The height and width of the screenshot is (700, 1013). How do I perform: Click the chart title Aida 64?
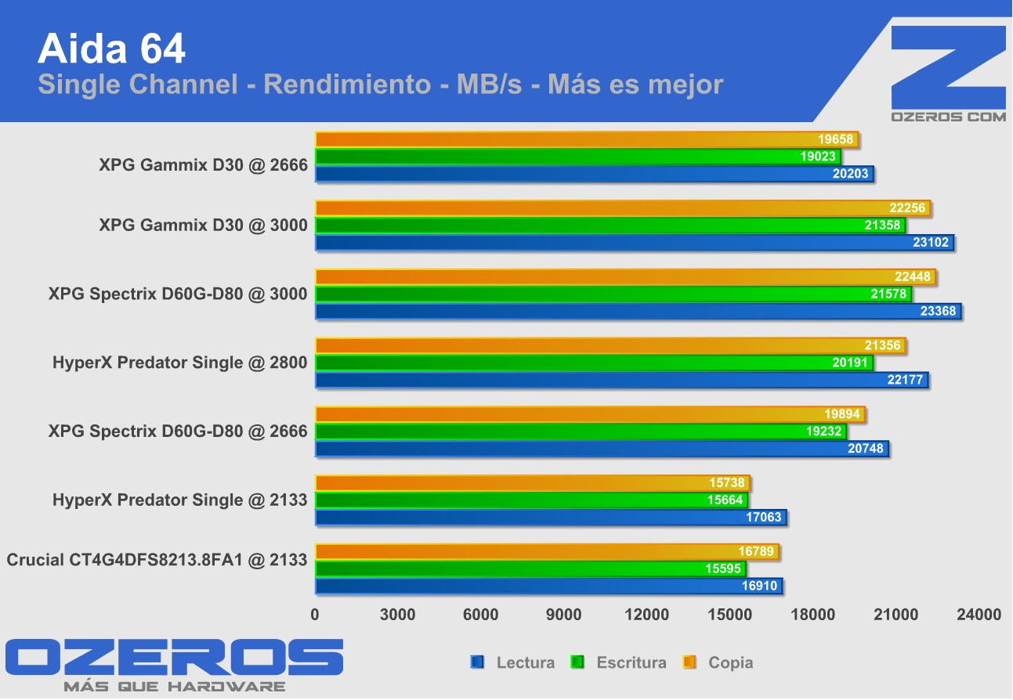[x=111, y=49]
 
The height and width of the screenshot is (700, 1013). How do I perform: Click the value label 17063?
[x=760, y=518]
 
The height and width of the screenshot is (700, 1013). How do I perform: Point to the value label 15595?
[x=724, y=569]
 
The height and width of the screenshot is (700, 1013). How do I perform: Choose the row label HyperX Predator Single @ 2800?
[x=179, y=363]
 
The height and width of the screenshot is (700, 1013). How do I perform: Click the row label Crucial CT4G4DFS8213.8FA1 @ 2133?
[x=157, y=560]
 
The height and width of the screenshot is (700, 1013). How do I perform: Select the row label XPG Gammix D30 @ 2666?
[x=203, y=165]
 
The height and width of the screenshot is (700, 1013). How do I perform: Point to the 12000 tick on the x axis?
[x=647, y=615]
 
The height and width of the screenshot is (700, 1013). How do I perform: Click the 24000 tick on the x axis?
[x=979, y=615]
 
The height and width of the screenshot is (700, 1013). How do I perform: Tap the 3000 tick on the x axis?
[x=398, y=615]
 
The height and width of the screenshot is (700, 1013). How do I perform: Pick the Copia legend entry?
[x=721, y=663]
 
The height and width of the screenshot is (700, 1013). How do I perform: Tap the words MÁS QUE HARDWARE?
[x=174, y=687]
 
